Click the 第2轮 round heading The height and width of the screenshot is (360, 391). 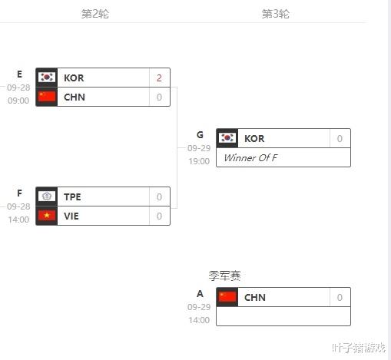[x=95, y=14]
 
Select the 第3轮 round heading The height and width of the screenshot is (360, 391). [x=276, y=14]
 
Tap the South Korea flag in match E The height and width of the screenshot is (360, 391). [x=47, y=78]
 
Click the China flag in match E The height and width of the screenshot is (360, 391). [x=47, y=97]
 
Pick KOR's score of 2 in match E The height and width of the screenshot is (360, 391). [x=159, y=78]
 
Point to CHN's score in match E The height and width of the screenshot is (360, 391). [x=159, y=97]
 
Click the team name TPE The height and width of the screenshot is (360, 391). [x=72, y=197]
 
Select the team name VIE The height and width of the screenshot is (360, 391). [x=71, y=216]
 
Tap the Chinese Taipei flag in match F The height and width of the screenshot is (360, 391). [x=47, y=197]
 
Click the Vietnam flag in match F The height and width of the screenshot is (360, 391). [x=47, y=216]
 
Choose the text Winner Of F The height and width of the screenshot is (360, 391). [x=250, y=157]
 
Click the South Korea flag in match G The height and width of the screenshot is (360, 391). [x=227, y=138]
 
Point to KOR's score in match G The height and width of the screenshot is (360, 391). [x=340, y=139]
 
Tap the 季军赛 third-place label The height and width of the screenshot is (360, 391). [x=224, y=276]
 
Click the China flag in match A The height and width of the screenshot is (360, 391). [x=227, y=297]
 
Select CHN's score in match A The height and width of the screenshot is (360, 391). [x=340, y=298]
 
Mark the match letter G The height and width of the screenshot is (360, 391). [x=200, y=135]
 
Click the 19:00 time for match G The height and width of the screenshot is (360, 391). [x=199, y=161]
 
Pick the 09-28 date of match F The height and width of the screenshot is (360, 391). [x=18, y=206]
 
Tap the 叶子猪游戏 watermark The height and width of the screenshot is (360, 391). [x=359, y=348]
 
